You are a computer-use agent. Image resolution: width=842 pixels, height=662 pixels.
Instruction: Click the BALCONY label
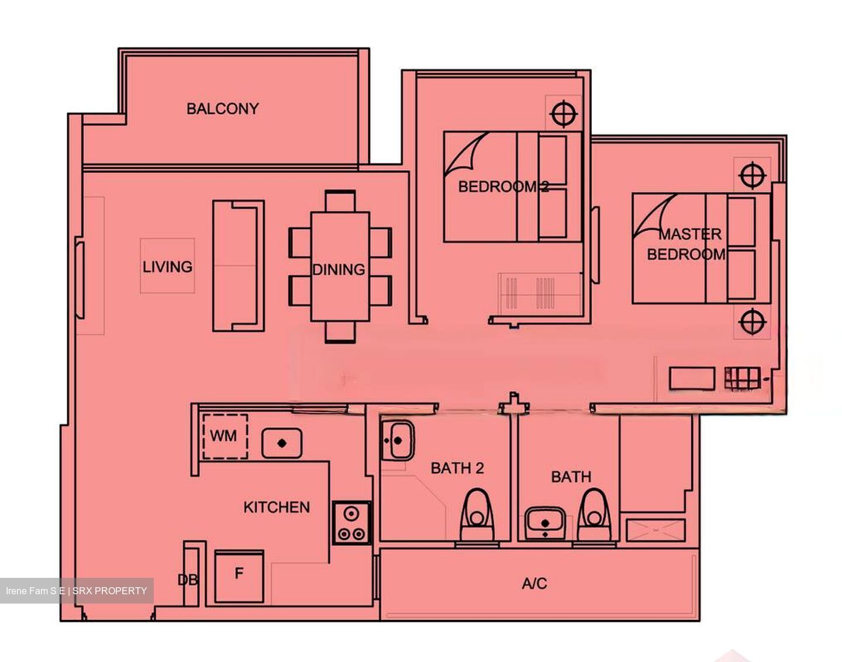[x=222, y=109]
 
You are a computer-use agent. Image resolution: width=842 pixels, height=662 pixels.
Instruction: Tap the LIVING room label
[x=167, y=267]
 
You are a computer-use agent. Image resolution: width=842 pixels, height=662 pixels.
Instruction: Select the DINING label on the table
[x=339, y=269]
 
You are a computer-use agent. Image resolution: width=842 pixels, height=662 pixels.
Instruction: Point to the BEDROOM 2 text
[x=503, y=187]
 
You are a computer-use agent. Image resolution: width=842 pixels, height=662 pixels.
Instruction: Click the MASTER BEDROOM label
[x=688, y=244]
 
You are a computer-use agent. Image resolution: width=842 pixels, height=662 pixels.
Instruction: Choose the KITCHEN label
[x=277, y=507]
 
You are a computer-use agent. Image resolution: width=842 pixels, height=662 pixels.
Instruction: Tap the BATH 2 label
[x=457, y=468]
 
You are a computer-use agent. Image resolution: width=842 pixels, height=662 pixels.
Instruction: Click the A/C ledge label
[x=534, y=583]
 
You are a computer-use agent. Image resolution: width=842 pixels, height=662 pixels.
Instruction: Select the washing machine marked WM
[x=225, y=436]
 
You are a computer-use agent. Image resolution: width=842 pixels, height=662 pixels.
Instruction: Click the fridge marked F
[x=239, y=576]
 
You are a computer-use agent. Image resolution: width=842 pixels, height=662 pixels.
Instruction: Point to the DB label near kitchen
[x=187, y=580]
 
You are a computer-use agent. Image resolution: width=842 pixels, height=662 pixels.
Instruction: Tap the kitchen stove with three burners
[x=351, y=523]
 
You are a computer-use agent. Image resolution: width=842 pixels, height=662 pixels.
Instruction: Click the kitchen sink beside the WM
[x=282, y=443]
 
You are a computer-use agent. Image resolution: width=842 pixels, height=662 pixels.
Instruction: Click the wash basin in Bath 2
[x=398, y=440]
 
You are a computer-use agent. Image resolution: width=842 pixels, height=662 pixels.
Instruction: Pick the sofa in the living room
[x=238, y=266]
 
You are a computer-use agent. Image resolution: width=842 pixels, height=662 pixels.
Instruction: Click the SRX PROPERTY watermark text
[x=109, y=591]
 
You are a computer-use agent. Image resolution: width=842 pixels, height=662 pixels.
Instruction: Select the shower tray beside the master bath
[x=655, y=529]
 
